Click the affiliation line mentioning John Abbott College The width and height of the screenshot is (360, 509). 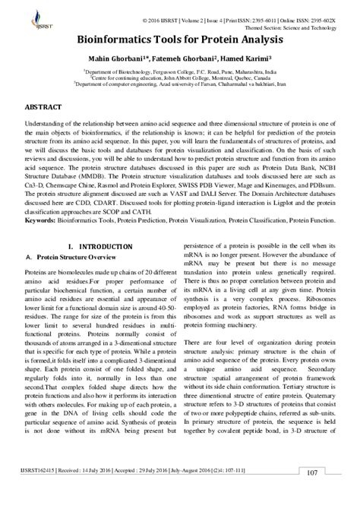pyautogui.click(x=180, y=76)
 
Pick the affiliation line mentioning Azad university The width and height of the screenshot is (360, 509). pyautogui.click(x=180, y=84)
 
